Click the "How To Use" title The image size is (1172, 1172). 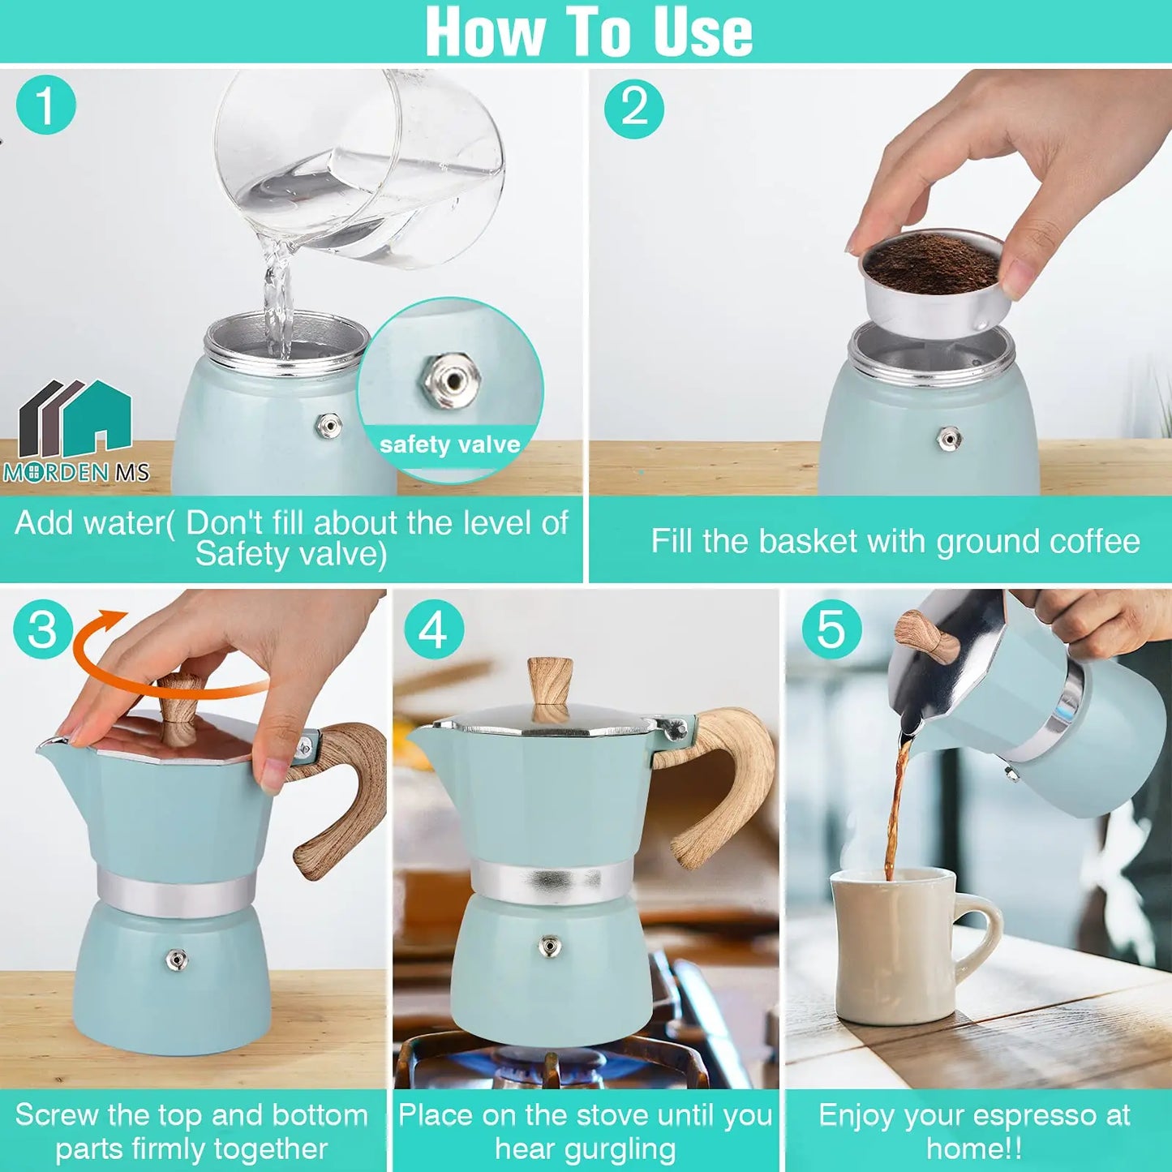tap(588, 32)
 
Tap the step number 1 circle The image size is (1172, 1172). tap(45, 105)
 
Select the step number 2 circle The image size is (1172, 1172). tap(634, 108)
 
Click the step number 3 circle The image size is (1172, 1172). tap(43, 630)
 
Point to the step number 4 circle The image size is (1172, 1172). tap(433, 630)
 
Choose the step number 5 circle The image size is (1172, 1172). tap(831, 630)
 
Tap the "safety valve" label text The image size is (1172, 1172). tap(449, 444)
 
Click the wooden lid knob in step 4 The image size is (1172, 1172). tap(551, 685)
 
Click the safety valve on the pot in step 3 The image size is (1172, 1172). tap(176, 960)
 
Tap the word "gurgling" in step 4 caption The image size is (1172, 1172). tap(585, 1149)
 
